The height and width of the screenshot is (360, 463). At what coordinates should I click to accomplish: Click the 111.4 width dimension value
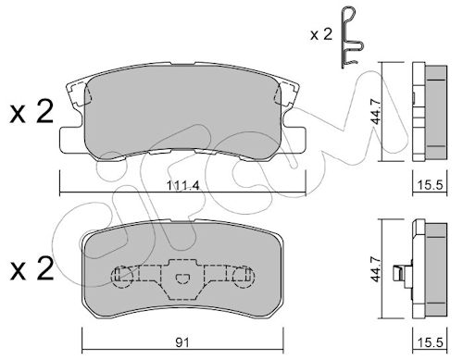pos(182,186)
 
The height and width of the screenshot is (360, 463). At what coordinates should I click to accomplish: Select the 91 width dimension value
pos(182,342)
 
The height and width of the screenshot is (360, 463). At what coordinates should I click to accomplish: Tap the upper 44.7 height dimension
pos(376,111)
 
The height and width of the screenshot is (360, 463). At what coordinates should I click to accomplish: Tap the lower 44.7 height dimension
pos(376,268)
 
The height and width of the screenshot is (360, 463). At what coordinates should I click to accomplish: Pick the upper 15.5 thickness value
pos(430,185)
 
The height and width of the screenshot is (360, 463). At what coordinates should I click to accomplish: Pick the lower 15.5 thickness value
pos(430,342)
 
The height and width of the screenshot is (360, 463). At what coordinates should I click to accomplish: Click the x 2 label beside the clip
pos(321,34)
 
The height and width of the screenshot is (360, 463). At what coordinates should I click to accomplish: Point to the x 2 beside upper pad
pos(31,112)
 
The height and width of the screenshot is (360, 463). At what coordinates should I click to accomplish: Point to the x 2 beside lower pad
pos(31,269)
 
